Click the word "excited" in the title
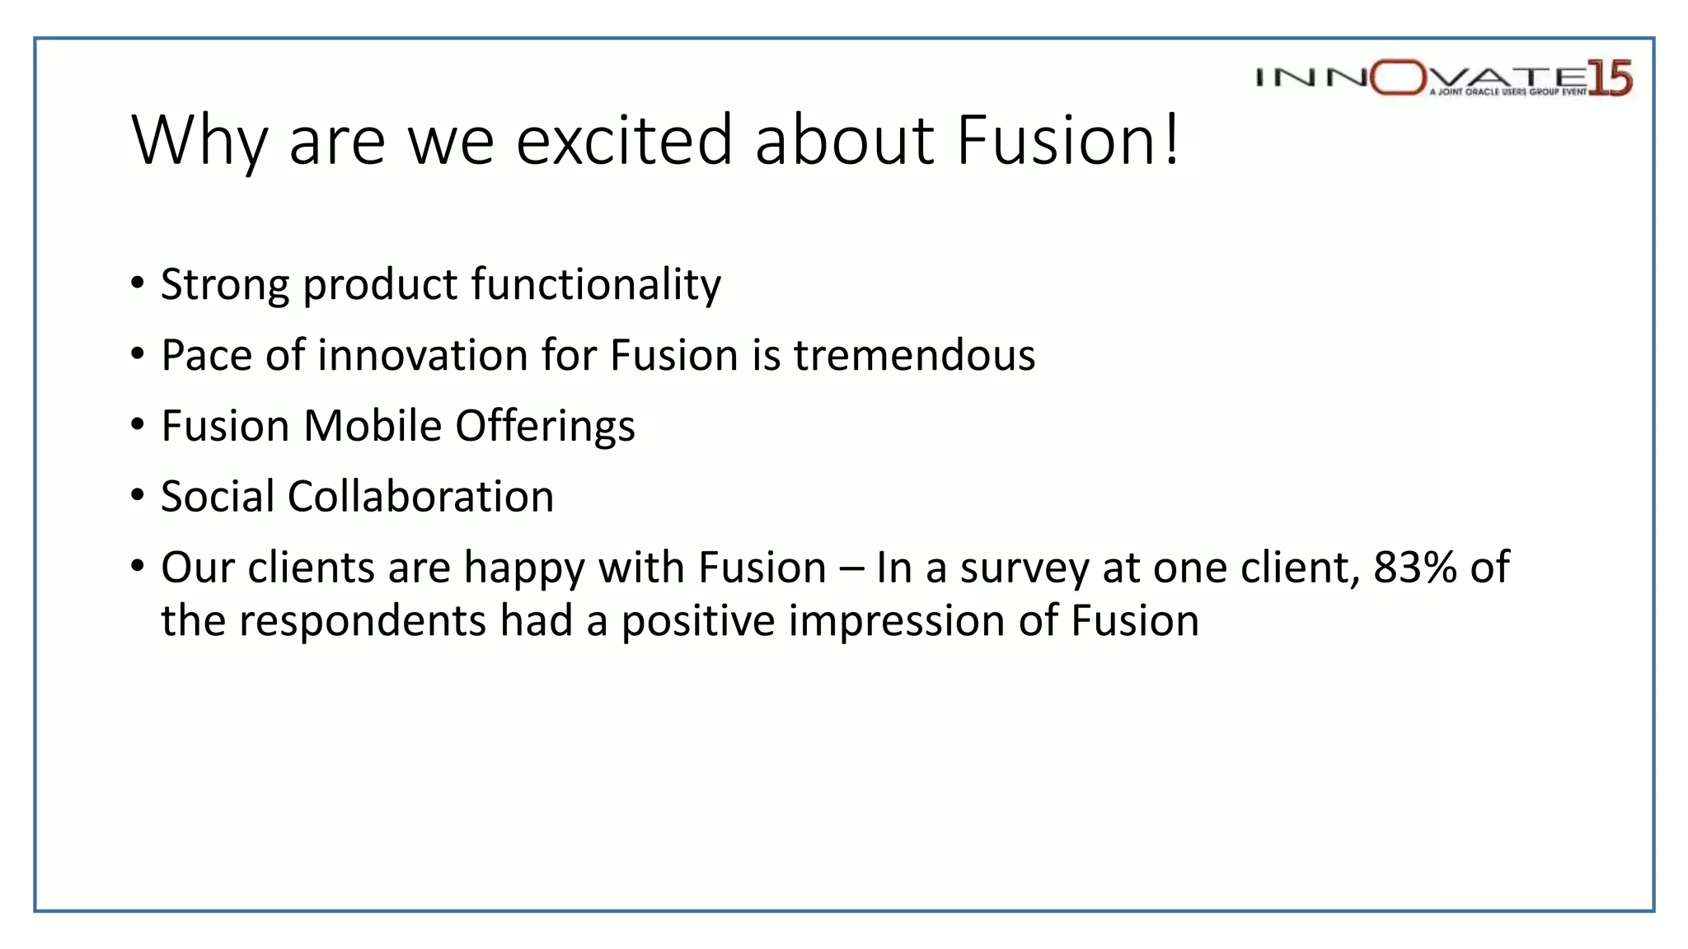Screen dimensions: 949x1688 (x=624, y=140)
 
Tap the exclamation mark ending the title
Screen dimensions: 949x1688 (x=1171, y=140)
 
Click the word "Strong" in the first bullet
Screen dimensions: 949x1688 (x=224, y=286)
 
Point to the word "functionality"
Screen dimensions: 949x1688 (x=596, y=286)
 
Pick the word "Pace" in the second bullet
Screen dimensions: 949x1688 (x=206, y=356)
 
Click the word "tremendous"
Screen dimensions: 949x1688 (x=914, y=356)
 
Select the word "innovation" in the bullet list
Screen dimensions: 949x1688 (x=423, y=356)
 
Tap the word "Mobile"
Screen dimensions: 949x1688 (x=373, y=427)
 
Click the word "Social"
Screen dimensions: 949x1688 (x=218, y=497)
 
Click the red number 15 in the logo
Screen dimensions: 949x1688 (x=1610, y=78)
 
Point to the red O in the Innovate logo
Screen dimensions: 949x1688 (x=1398, y=77)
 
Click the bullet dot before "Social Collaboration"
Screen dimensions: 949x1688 (x=138, y=497)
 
